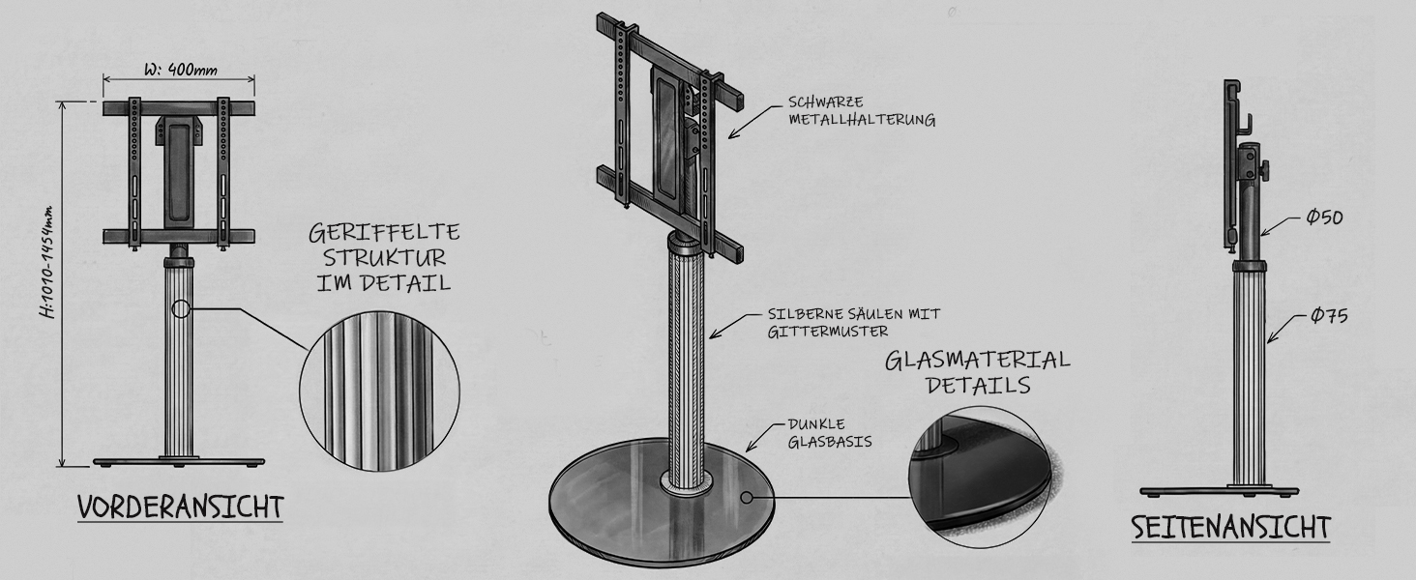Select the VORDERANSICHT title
(181, 507)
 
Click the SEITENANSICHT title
(1231, 528)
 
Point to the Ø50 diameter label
(1324, 217)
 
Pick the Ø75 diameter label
(1329, 315)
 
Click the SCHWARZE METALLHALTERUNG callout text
(862, 111)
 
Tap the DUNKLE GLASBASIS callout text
(829, 433)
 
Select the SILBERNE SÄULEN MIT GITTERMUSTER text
(854, 322)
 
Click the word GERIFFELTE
(384, 233)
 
